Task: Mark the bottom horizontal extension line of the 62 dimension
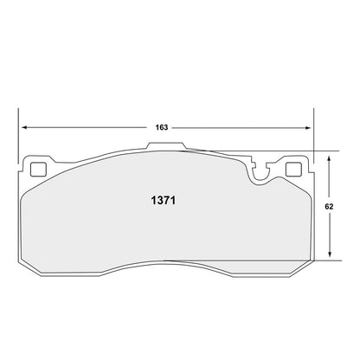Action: click(x=322, y=261)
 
